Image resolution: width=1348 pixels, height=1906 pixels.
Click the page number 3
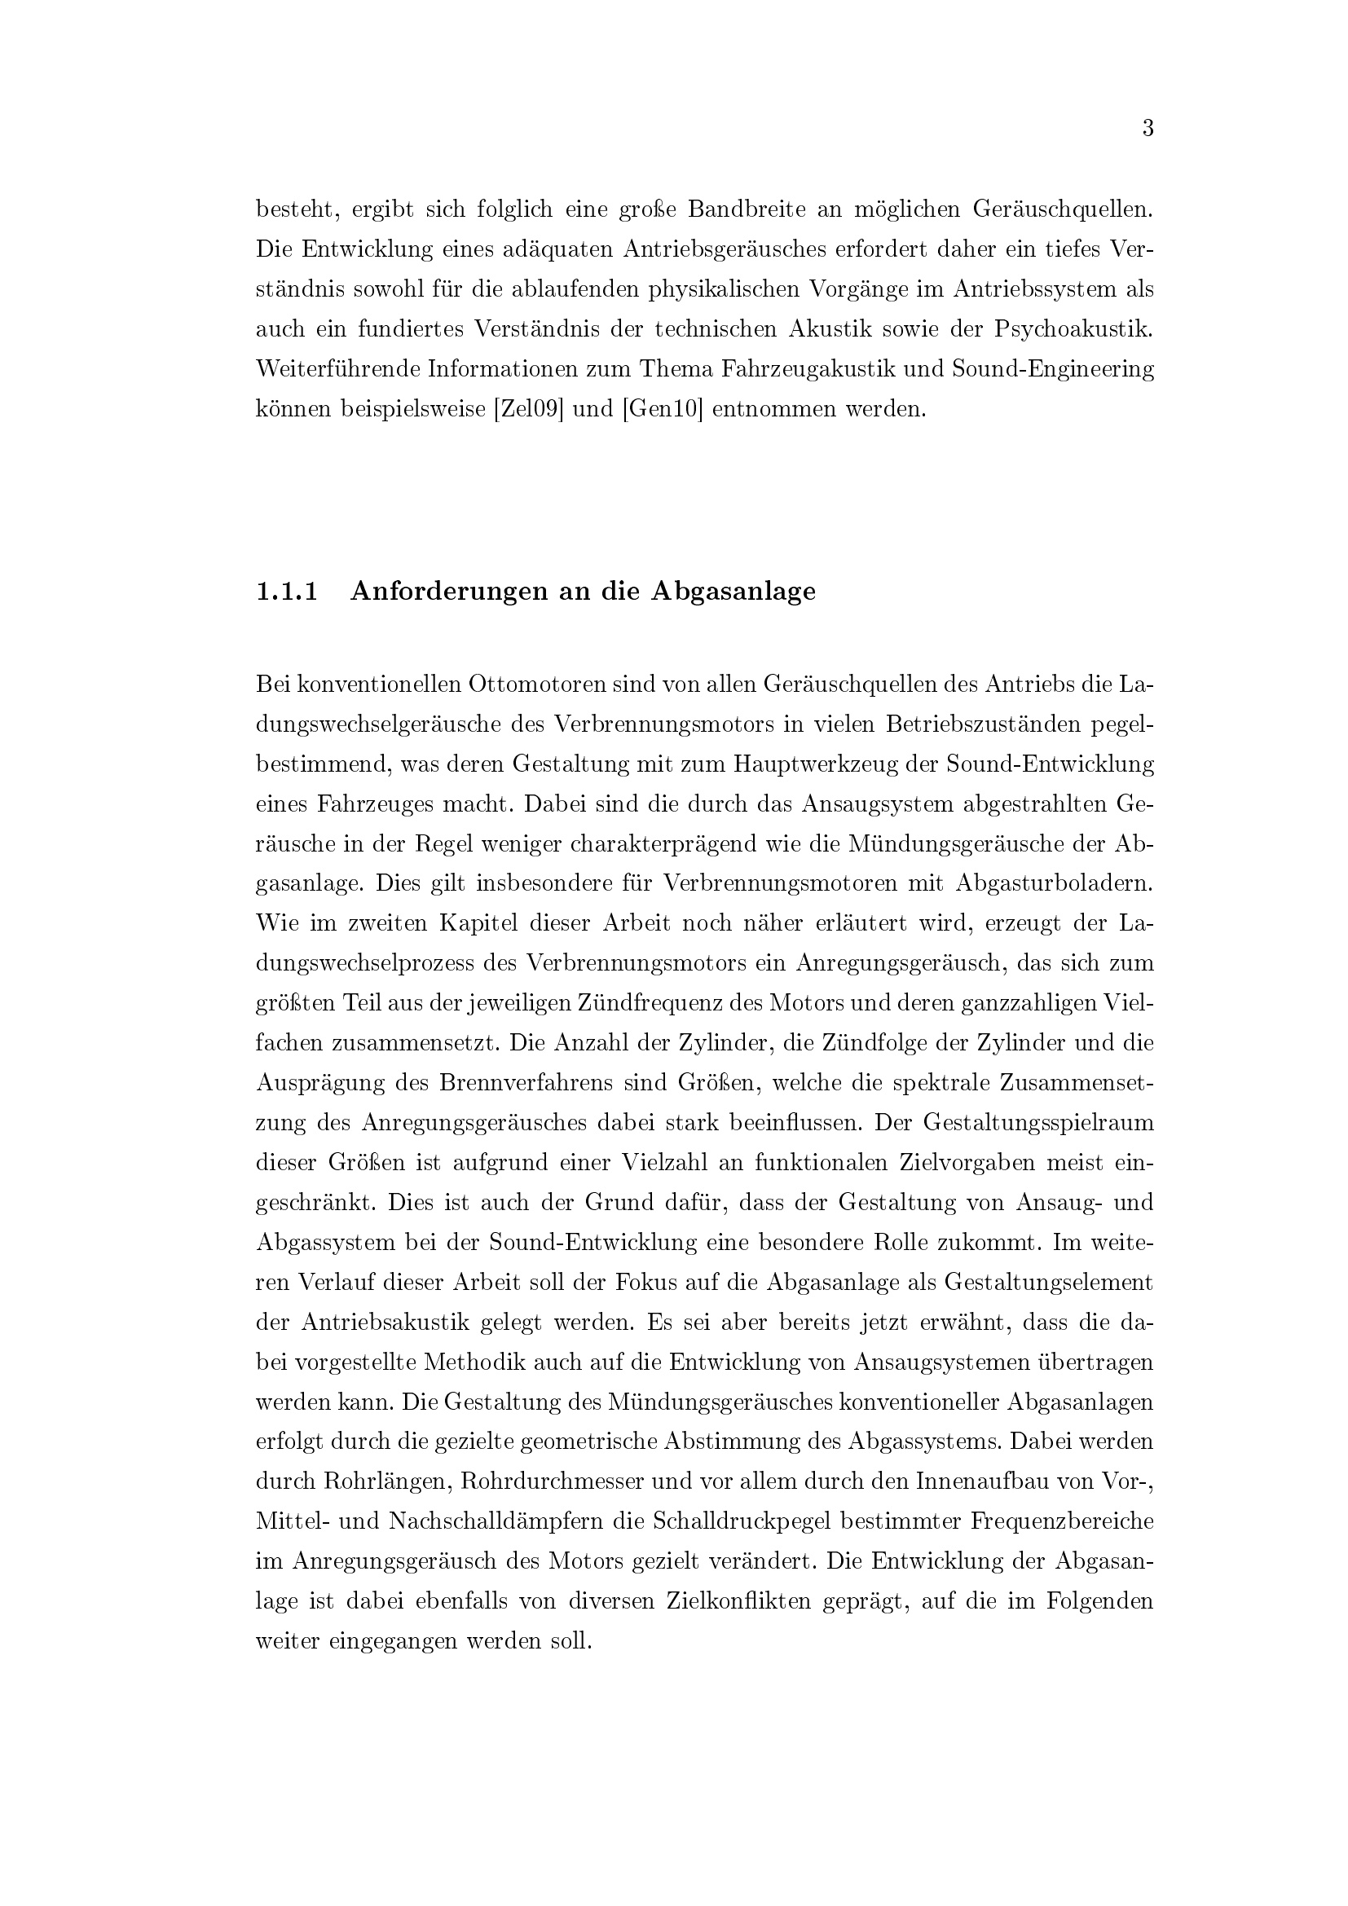[1148, 129]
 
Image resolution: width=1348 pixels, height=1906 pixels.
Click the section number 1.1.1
[287, 591]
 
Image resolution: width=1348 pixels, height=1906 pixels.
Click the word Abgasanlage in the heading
[733, 591]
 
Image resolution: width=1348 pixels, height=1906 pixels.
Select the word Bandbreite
[747, 209]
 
